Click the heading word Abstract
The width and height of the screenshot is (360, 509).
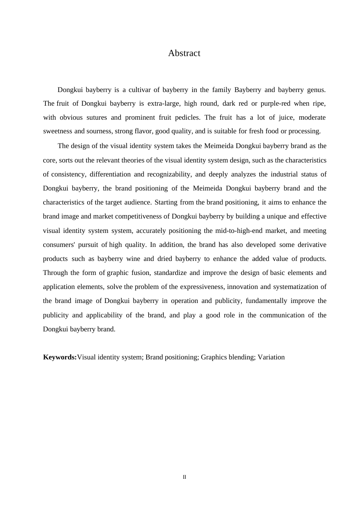coord(184,53)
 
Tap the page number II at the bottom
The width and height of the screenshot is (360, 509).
coord(185,477)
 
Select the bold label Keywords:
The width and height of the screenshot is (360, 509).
coord(60,357)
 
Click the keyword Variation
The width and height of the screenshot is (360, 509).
coord(271,357)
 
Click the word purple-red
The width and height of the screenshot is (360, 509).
coord(274,103)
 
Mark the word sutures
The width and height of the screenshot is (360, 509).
coord(97,117)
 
